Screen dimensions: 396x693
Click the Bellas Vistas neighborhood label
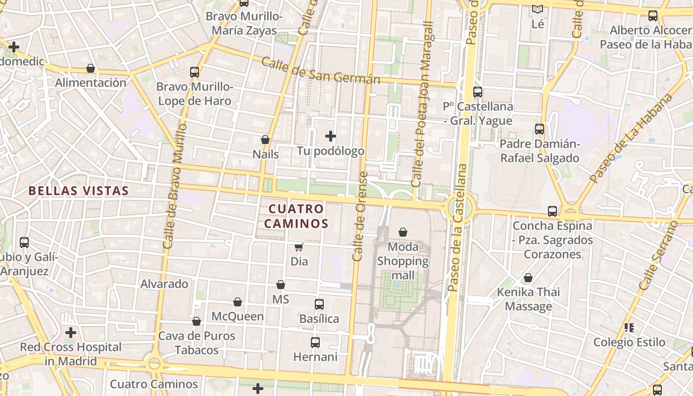click(x=78, y=191)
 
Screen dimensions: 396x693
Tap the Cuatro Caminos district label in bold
click(x=296, y=216)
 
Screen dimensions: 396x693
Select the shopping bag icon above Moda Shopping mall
click(x=403, y=232)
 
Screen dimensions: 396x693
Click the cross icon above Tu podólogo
click(x=331, y=136)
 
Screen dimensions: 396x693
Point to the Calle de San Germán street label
click(x=320, y=71)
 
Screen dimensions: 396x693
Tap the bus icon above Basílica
click(x=319, y=304)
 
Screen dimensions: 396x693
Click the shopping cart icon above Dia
click(x=298, y=247)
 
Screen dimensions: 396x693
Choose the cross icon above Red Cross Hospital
click(x=71, y=332)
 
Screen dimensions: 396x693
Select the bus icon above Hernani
click(x=315, y=342)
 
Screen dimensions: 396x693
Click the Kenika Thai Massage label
click(x=529, y=299)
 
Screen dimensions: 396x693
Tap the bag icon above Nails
click(x=265, y=140)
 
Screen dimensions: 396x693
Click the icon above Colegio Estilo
click(x=629, y=327)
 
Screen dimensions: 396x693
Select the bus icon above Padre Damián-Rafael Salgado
click(x=540, y=129)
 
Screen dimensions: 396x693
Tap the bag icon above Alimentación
click(x=91, y=68)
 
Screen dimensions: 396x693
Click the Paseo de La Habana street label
click(x=631, y=138)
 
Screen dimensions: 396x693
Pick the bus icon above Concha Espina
click(x=552, y=211)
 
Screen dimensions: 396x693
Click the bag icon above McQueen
click(x=238, y=302)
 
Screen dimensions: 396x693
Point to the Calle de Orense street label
click(x=360, y=216)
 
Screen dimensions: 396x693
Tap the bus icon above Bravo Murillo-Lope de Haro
click(x=195, y=72)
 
